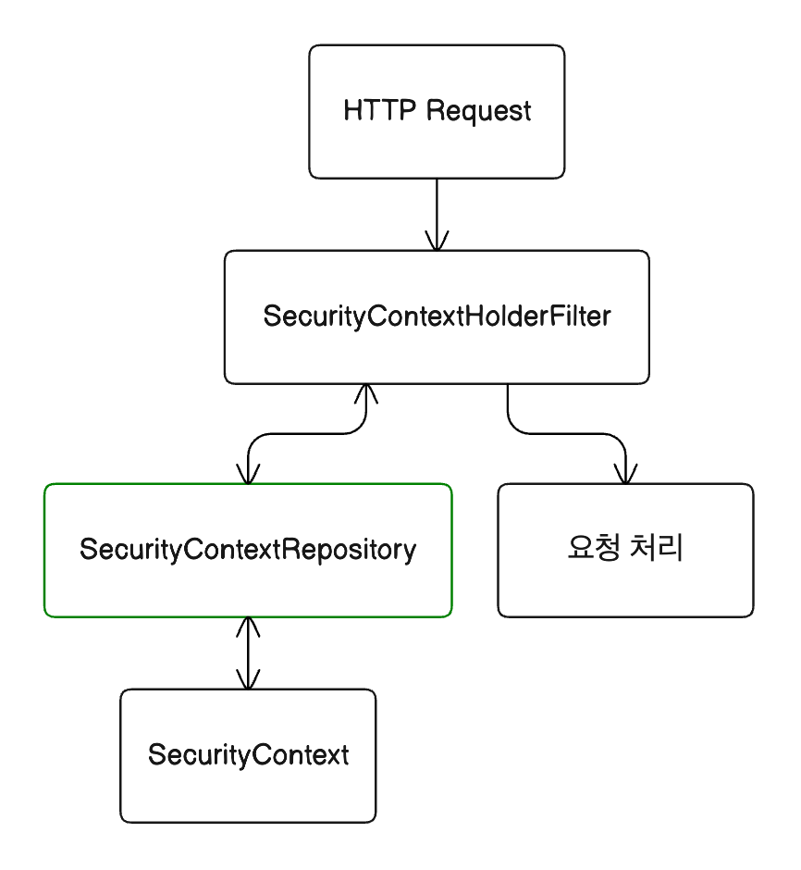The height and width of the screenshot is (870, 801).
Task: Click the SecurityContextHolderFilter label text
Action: [437, 317]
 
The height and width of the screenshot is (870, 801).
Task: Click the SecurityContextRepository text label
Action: [248, 550]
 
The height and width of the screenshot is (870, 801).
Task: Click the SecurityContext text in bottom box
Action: [248, 754]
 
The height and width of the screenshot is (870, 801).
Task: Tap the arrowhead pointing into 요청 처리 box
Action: [625, 474]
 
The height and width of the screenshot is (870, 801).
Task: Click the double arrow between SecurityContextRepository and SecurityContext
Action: [248, 653]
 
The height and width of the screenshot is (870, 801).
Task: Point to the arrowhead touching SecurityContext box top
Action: [248, 680]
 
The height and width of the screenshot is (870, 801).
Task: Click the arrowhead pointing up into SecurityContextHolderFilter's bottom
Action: [366, 393]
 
